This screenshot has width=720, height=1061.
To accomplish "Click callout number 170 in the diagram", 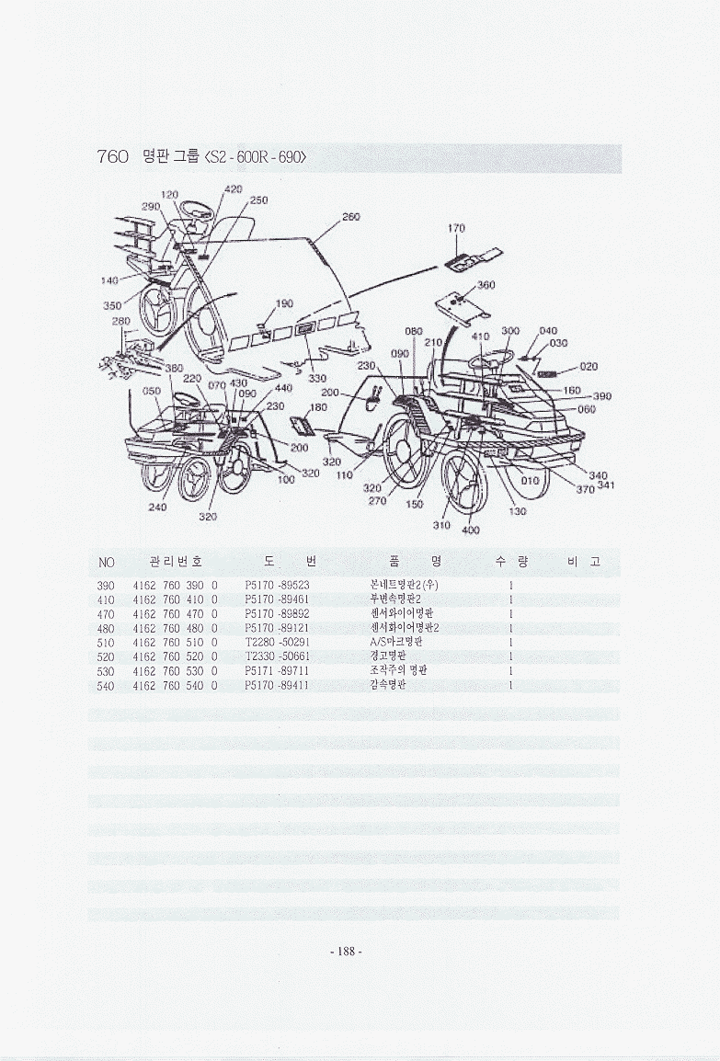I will tap(457, 228).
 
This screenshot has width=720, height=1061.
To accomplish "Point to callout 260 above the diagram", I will tap(350, 217).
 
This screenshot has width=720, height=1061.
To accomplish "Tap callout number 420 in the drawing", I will tap(234, 189).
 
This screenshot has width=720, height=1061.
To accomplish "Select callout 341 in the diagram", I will tap(606, 485).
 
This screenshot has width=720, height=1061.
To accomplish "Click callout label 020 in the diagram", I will tap(589, 366).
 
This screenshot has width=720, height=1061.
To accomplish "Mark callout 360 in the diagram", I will tap(486, 285).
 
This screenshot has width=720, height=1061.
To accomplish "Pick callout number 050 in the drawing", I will tap(152, 391).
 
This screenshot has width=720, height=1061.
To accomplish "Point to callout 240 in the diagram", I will tap(157, 507).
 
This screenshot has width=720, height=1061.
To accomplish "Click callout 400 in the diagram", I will tap(471, 530).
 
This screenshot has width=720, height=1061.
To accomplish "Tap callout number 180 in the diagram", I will tap(318, 407).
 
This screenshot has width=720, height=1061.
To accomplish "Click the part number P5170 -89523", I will tap(277, 585).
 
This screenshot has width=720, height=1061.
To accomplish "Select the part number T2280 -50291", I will tap(277, 642).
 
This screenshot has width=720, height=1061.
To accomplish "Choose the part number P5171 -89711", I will tap(277, 670).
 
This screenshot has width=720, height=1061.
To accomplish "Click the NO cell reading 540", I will tap(105, 685).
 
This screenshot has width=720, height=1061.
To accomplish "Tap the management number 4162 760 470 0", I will tap(175, 613).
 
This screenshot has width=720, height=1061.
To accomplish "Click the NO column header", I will tap(106, 561).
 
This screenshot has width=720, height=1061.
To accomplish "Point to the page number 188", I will tap(347, 952).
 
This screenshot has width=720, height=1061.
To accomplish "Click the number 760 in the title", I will tap(112, 156).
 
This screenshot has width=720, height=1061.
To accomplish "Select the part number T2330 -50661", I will tap(277, 656).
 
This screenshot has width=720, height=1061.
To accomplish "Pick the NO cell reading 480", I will tap(105, 628).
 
